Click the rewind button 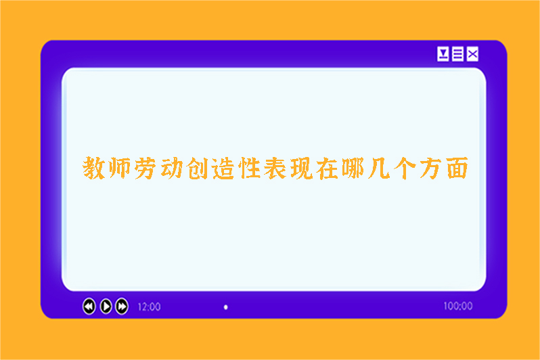(89, 307)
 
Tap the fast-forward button (122, 307)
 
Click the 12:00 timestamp (149, 307)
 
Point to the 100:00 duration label (457, 306)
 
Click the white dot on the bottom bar (226, 307)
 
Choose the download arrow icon (443, 54)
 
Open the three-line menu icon (458, 54)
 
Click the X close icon (473, 54)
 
